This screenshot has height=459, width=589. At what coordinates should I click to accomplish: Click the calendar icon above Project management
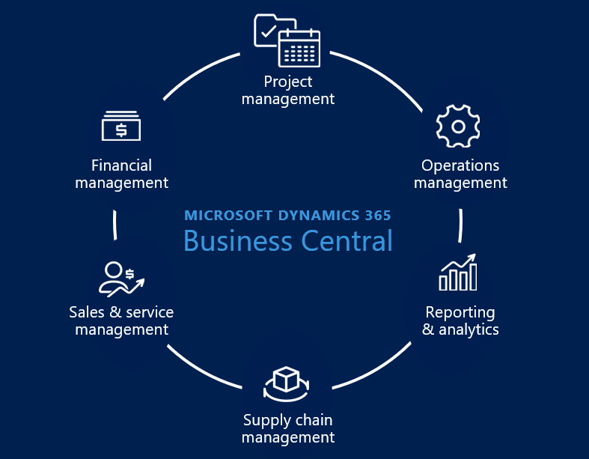299,47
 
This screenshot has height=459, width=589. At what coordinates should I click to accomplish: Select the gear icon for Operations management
457,126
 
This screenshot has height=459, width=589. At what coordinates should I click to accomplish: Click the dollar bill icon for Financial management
121,126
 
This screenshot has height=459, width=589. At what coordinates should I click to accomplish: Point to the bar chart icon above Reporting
458,273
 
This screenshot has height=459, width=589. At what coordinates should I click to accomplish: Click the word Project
288,82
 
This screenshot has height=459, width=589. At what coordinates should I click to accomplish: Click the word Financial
121,165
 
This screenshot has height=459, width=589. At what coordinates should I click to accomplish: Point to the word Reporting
460,312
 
